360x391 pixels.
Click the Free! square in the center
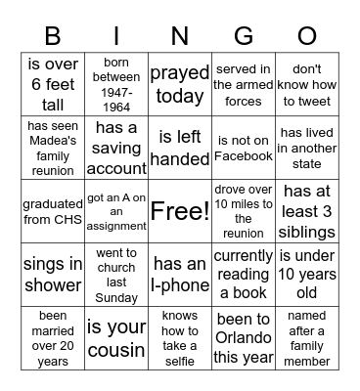(x=180, y=210)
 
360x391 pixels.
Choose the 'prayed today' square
(x=180, y=84)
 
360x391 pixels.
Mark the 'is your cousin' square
(x=116, y=337)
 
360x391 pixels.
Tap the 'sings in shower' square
(x=53, y=274)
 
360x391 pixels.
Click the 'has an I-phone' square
(x=180, y=274)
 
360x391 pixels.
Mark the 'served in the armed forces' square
(x=244, y=84)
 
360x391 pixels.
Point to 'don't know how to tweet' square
(x=306, y=84)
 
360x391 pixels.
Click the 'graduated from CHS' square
(x=53, y=210)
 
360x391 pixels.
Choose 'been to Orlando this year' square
(x=244, y=337)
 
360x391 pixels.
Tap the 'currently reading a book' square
(x=244, y=274)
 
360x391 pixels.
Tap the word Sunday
(x=116, y=295)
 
